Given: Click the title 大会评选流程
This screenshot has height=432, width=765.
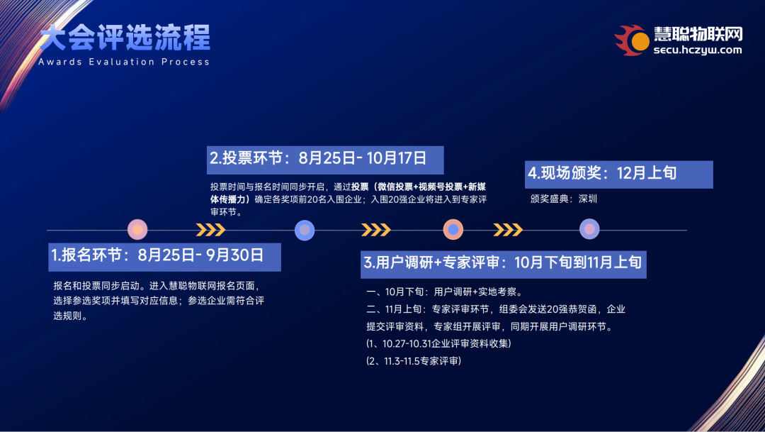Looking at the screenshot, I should coord(125,38).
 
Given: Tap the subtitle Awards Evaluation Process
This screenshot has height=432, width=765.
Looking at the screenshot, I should coord(124,62).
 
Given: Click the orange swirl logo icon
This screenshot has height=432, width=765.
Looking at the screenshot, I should coord(632,40).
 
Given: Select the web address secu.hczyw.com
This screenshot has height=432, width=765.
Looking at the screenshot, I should coord(697,50).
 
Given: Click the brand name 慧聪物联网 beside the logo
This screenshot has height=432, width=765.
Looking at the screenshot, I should coord(698,34).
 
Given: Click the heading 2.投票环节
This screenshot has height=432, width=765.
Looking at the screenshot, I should coord(248,159).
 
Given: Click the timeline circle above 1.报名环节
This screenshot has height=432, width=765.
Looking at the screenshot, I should coord(137,230).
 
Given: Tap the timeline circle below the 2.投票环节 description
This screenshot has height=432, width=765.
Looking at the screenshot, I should coord(304,230).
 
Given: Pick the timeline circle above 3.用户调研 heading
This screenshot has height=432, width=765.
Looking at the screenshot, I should coord(453,230).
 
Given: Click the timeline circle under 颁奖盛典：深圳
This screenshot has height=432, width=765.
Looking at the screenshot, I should coord(589,229).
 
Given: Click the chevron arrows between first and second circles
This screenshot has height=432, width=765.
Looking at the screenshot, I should coord(210,230).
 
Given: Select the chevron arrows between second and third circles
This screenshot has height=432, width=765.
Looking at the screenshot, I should coord(375,230).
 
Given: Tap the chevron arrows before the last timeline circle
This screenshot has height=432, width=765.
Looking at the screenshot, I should coord(508,230).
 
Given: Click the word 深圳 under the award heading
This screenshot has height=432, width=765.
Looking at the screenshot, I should coord(588,199).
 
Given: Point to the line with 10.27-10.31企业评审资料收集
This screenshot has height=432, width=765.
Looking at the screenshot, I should coord(439,344).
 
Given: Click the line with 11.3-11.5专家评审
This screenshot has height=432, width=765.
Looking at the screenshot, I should coord(414,361).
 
